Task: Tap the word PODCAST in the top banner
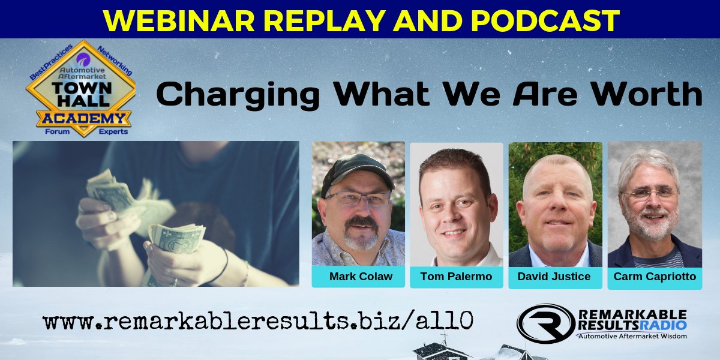click(545, 20)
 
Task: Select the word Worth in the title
click(646, 94)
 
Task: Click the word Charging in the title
click(238, 95)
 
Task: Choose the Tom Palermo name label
click(456, 277)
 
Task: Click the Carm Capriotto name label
click(655, 277)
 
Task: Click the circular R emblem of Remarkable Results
click(546, 323)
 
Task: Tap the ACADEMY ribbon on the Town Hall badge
click(83, 119)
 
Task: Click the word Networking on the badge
click(115, 61)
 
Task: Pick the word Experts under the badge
click(113, 131)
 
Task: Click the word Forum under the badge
click(57, 131)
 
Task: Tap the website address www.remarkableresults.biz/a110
click(258, 321)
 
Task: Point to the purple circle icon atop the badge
click(83, 60)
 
